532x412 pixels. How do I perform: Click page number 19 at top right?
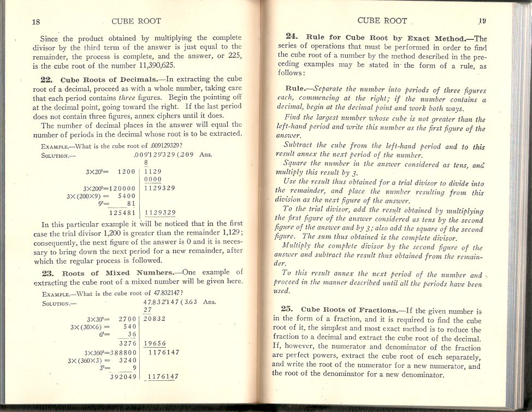point(482,21)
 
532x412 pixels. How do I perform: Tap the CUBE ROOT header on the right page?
point(382,21)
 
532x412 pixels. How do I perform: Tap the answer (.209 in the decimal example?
point(186,154)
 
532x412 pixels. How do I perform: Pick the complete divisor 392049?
point(123,376)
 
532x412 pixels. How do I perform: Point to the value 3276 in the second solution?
point(127,343)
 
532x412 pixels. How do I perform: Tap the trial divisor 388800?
point(119,352)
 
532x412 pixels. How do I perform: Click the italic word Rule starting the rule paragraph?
point(298,88)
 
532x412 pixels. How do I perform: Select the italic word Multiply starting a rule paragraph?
point(306,247)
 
